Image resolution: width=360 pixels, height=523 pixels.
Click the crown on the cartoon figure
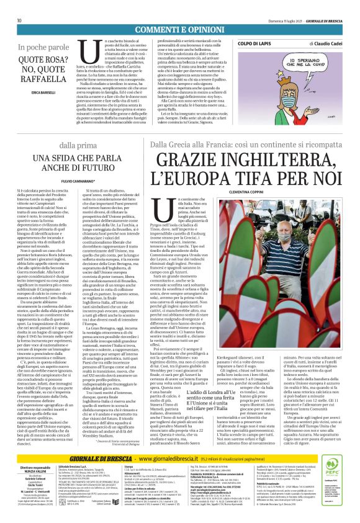276,66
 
